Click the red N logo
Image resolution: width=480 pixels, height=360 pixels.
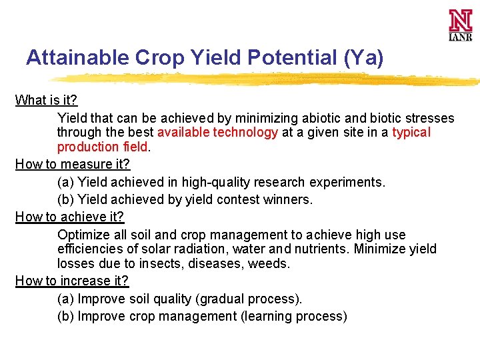coord(460,21)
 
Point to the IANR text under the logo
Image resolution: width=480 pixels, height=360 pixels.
coord(460,37)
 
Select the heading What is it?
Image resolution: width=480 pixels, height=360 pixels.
coord(46,101)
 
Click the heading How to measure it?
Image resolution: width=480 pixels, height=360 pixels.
coord(72,164)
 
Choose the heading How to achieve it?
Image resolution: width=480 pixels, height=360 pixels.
coord(69,217)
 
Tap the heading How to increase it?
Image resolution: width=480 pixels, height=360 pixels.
coord(71,281)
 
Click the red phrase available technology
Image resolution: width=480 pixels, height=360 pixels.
coord(217,132)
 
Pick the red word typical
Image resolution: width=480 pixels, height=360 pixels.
coord(411,132)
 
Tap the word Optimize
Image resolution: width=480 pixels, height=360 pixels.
coord(82,235)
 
